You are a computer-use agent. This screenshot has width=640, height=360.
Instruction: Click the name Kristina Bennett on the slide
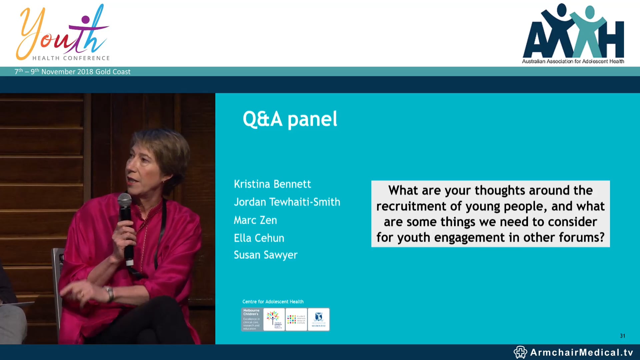[x=272, y=184]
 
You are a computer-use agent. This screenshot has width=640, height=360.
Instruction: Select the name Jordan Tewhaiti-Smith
[x=287, y=202]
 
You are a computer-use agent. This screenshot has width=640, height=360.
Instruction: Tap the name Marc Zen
[x=255, y=220]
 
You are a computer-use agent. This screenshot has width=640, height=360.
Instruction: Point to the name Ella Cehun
[x=259, y=238]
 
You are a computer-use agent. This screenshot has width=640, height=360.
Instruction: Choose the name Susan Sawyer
[x=265, y=255]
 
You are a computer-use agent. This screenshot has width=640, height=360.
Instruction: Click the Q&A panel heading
[x=290, y=119]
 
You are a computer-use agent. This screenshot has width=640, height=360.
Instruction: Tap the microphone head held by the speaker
[x=124, y=200]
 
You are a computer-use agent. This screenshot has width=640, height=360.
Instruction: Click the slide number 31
[x=622, y=336]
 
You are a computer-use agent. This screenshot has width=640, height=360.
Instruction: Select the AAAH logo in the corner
[x=573, y=32]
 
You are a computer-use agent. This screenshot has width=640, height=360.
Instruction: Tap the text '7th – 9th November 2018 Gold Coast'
[x=72, y=72]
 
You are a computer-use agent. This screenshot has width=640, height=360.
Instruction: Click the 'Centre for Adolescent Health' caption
[x=273, y=302]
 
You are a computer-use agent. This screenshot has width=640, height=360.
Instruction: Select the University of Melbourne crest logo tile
[x=318, y=319]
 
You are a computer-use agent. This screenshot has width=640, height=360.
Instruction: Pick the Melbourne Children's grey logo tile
[x=252, y=319]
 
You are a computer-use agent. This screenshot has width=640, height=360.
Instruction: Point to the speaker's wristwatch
[x=110, y=293]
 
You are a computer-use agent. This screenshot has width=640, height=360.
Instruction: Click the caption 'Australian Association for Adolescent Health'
[x=573, y=61]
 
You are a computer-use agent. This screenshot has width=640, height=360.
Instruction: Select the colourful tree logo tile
[x=274, y=319]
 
